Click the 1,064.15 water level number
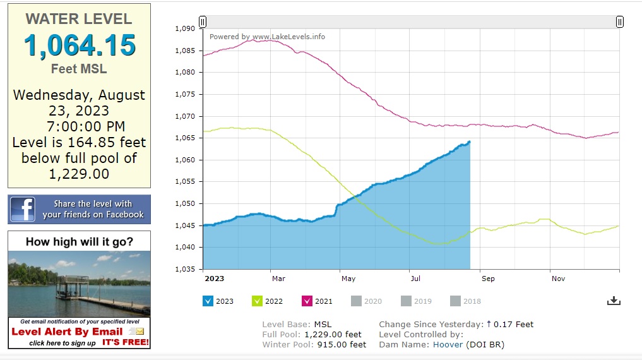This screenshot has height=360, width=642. coord(80,45)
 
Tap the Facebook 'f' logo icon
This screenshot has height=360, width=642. coord(22,209)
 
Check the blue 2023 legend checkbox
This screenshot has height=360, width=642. coord(208,301)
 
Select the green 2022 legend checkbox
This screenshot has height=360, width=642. coord(257,301)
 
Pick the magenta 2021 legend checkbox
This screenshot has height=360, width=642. coord(307,301)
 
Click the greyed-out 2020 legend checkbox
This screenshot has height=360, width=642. coord(357,301)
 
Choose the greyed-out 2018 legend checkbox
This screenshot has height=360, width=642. coord(456,301)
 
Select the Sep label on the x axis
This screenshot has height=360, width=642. coord(487,279)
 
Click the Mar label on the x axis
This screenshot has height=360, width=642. coord(278,279)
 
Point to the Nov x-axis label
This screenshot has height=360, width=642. coord(558,279)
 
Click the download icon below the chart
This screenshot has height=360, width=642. coord(614,301)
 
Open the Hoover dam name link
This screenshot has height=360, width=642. coord(448,345)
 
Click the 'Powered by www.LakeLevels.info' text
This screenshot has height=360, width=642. coord(267,37)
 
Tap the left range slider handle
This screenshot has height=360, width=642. coord(203,21)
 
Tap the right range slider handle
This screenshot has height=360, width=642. coord(620,21)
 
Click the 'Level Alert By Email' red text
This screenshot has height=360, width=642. coord(67,332)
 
